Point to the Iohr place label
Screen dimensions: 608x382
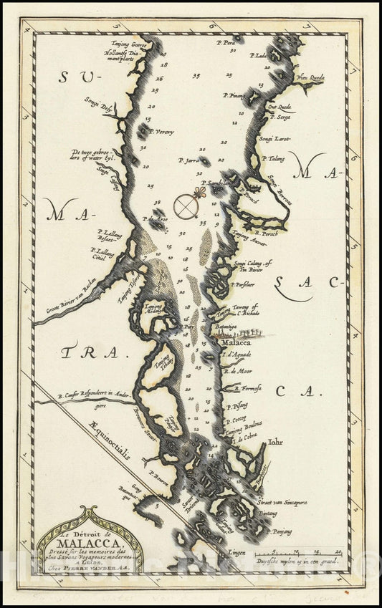pos(275,442)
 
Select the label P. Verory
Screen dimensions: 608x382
pos(163,132)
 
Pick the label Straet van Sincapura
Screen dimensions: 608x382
pos(282,503)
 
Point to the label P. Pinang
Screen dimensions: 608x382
pos(237,96)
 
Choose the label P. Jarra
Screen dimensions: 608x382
pos(192,162)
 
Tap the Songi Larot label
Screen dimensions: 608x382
pos(276,137)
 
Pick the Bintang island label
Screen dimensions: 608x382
pos(268,514)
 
